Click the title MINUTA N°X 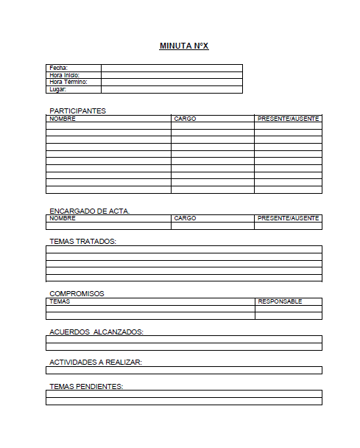184,46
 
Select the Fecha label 58,68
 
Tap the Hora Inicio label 64,75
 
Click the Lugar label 57,90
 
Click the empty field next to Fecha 172,68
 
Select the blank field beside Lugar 172,90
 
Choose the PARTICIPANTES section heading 77,111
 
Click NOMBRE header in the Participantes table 63,118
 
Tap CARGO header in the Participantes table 185,118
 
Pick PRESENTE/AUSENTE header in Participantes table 288,118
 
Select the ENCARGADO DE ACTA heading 89,211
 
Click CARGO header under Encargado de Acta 185,218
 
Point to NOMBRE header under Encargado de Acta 63,218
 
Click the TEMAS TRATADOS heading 82,241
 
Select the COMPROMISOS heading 77,293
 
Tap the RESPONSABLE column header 280,301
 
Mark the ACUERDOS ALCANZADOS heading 96,332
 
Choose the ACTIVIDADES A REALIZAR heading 95,362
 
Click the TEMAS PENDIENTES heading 85,386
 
